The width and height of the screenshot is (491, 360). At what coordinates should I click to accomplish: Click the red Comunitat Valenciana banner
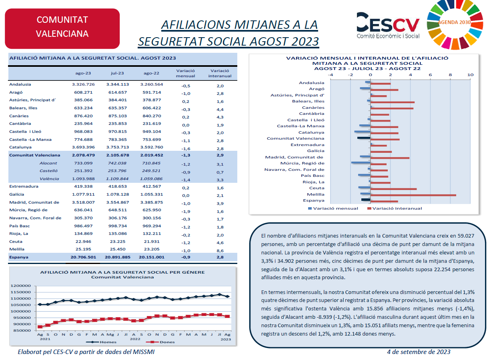point(62,26)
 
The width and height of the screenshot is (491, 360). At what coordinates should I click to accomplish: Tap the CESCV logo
point(388,26)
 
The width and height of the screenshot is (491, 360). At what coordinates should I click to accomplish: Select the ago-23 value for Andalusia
point(83,84)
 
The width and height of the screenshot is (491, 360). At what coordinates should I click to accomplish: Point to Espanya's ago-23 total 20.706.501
point(83,257)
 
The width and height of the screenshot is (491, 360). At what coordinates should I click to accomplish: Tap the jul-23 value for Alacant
point(117,163)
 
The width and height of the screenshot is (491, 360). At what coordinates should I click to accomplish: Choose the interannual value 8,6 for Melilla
point(220,250)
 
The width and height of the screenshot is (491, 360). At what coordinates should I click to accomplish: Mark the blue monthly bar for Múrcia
point(361,162)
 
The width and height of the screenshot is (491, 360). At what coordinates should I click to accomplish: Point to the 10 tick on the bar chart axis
point(470,75)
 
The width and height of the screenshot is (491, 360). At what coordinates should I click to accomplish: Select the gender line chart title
point(122,274)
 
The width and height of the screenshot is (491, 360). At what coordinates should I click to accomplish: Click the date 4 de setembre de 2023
point(419,352)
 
